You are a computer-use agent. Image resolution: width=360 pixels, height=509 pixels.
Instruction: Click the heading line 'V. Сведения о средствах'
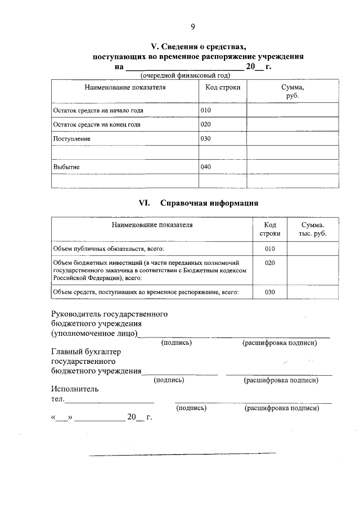point(199,47)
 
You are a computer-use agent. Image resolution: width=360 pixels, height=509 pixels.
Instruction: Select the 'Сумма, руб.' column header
point(292,92)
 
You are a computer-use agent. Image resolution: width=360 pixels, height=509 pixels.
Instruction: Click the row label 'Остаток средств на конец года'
point(96,124)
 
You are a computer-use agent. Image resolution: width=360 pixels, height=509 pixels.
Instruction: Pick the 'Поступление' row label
point(71,138)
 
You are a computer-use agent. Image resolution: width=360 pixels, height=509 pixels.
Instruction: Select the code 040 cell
point(206,166)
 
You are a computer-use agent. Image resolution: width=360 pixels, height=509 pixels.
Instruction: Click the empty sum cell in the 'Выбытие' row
point(292,167)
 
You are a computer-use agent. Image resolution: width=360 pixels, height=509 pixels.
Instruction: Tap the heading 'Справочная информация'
point(209,203)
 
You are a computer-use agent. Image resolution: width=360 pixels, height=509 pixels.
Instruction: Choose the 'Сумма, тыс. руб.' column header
point(313,229)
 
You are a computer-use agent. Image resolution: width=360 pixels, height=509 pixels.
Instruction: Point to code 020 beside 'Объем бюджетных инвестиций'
point(269,263)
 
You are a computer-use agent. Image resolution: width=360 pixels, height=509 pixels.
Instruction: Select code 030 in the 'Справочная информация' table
point(269,292)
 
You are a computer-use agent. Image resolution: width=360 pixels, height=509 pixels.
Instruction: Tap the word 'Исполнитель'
point(75,389)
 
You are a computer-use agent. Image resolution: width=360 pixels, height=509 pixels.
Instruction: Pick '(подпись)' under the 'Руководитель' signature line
point(176,343)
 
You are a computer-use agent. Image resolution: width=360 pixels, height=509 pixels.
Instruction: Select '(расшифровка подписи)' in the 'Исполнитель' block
point(282,408)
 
